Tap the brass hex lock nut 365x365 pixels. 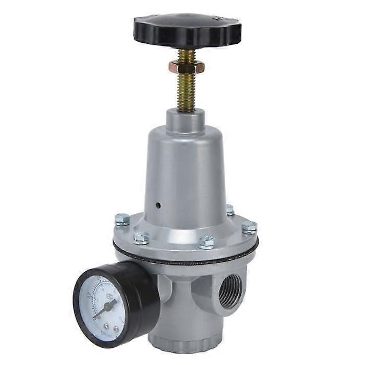(x=186, y=67)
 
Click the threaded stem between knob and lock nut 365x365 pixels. (x=186, y=54)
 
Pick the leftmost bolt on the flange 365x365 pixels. (x=122, y=220)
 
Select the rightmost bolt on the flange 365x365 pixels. (x=249, y=228)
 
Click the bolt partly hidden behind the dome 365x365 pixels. (x=229, y=210)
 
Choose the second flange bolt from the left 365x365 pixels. (x=141, y=238)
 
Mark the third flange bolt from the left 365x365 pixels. (x=207, y=242)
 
